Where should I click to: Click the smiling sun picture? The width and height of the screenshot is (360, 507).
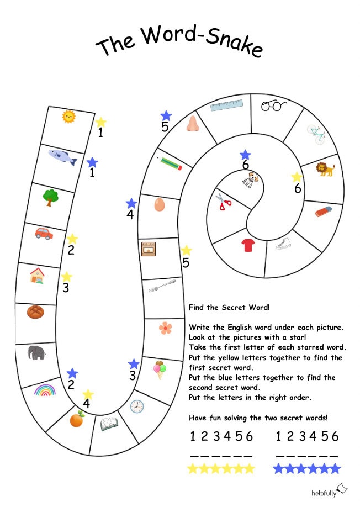(68, 117)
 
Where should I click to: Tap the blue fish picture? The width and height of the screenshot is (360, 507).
(63, 157)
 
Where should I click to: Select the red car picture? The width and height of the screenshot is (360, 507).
(44, 234)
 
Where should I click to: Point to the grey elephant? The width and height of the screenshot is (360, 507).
(36, 352)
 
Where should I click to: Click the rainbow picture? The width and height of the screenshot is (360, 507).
(45, 390)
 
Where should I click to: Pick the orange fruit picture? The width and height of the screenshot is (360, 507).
(77, 419)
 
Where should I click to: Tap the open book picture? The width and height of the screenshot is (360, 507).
(109, 424)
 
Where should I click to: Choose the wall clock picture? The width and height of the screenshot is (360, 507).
(137, 406)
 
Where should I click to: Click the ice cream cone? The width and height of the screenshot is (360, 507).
(160, 369)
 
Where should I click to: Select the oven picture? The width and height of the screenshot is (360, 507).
(149, 249)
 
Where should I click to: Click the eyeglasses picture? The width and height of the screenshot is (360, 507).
(274, 105)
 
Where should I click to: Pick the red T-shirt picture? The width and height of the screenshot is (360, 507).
(248, 245)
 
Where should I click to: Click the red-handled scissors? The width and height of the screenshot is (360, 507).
(223, 202)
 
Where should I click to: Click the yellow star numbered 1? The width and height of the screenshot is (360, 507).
(101, 122)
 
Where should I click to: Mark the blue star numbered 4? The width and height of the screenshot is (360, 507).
(131, 203)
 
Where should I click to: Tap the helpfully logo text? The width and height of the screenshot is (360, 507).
(324, 493)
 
